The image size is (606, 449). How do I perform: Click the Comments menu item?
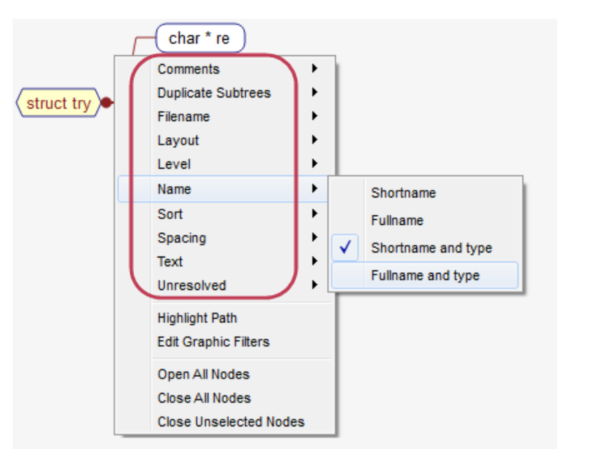point(188,69)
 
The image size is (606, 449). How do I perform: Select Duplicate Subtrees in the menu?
point(213,93)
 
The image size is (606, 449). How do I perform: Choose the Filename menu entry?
point(183,116)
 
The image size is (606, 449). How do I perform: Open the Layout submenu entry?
point(178,140)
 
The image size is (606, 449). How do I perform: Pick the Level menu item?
point(174,164)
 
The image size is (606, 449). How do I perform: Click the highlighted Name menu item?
point(174,189)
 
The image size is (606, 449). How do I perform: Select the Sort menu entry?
point(170,214)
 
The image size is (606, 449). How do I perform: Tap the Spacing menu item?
point(182,238)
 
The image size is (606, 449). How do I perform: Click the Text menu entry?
point(170,261)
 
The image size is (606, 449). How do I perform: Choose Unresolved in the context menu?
point(191,285)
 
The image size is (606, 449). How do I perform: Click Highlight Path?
point(197,318)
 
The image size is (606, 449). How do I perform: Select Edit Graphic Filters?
point(213,342)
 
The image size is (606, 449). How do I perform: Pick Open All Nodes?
point(204,374)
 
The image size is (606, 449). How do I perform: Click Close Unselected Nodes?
point(231,421)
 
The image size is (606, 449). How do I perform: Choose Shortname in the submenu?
point(403,193)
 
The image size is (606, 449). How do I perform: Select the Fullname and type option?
point(425,276)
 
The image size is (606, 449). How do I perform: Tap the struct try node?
point(58,103)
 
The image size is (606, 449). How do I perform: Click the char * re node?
point(199,38)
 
